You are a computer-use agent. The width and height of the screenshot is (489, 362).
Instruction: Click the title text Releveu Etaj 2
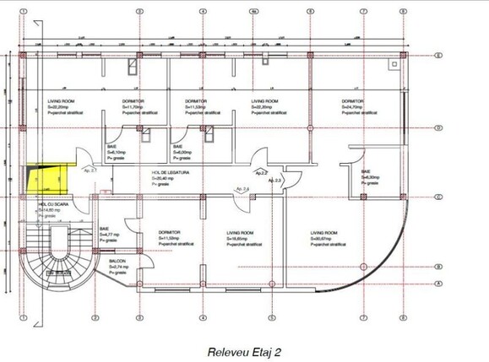tap(243, 348)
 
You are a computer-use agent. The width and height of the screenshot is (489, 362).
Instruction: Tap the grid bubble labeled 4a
tap(254, 13)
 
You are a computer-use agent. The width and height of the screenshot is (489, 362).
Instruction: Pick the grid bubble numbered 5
tap(310, 13)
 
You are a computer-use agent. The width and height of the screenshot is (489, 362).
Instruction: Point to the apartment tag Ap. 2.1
tap(90, 170)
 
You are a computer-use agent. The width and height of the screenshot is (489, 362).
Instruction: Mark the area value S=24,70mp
tap(352, 107)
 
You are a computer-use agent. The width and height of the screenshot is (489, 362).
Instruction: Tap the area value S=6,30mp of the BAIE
tap(371, 177)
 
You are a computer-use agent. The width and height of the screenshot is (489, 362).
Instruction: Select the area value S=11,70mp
tap(134, 107)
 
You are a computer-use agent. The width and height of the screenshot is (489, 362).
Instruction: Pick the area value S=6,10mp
tap(117, 151)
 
